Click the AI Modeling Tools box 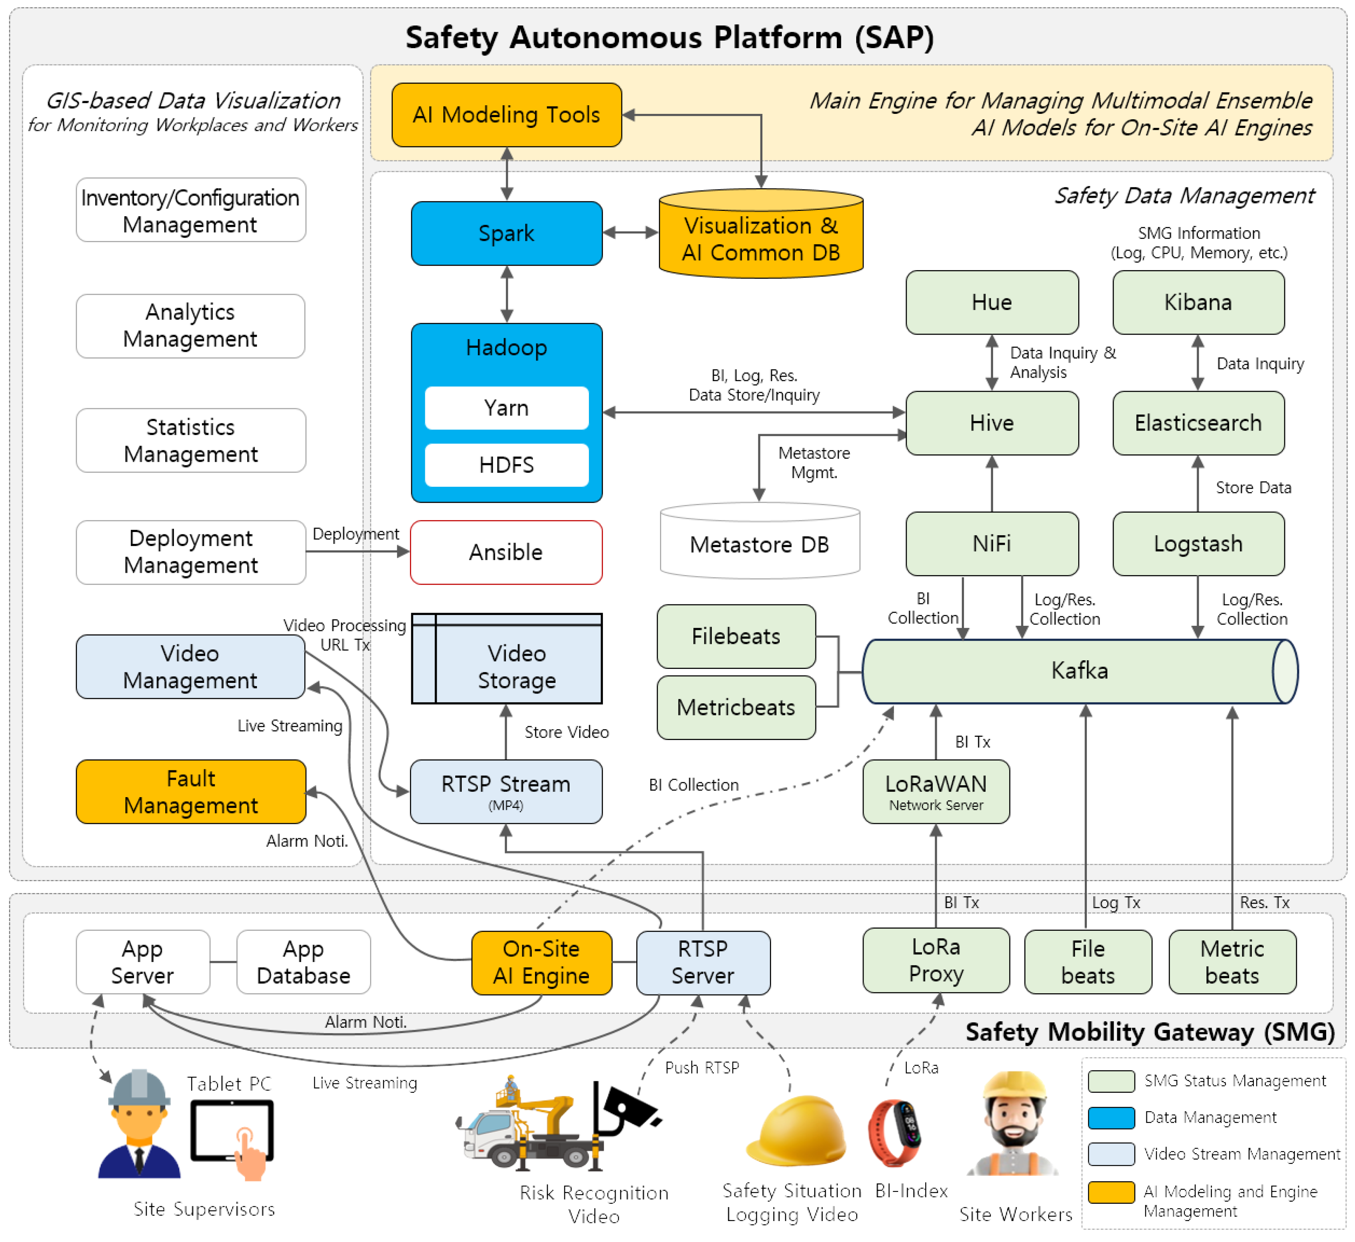(x=506, y=115)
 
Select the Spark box (x=506, y=233)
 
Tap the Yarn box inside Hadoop (x=506, y=408)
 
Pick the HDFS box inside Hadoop (x=506, y=465)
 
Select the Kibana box (x=1198, y=303)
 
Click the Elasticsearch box (x=1198, y=423)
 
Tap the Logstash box (x=1198, y=544)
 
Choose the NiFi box (x=991, y=544)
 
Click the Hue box (x=991, y=303)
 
